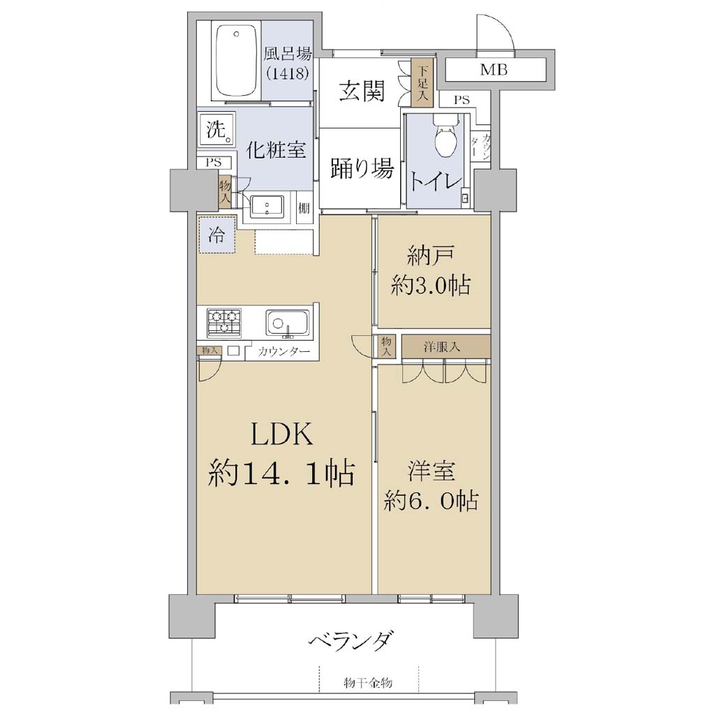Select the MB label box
click(495, 70)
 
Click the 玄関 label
click(362, 91)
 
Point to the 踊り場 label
click(362, 169)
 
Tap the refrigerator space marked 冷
click(217, 235)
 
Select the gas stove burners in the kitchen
click(224, 323)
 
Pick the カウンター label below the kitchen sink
click(283, 352)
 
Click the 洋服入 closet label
click(441, 347)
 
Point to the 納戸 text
click(430, 257)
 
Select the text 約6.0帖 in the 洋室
click(431, 501)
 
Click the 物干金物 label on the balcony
click(367, 683)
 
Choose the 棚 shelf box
click(304, 209)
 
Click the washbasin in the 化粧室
click(267, 207)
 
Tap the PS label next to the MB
click(462, 100)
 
